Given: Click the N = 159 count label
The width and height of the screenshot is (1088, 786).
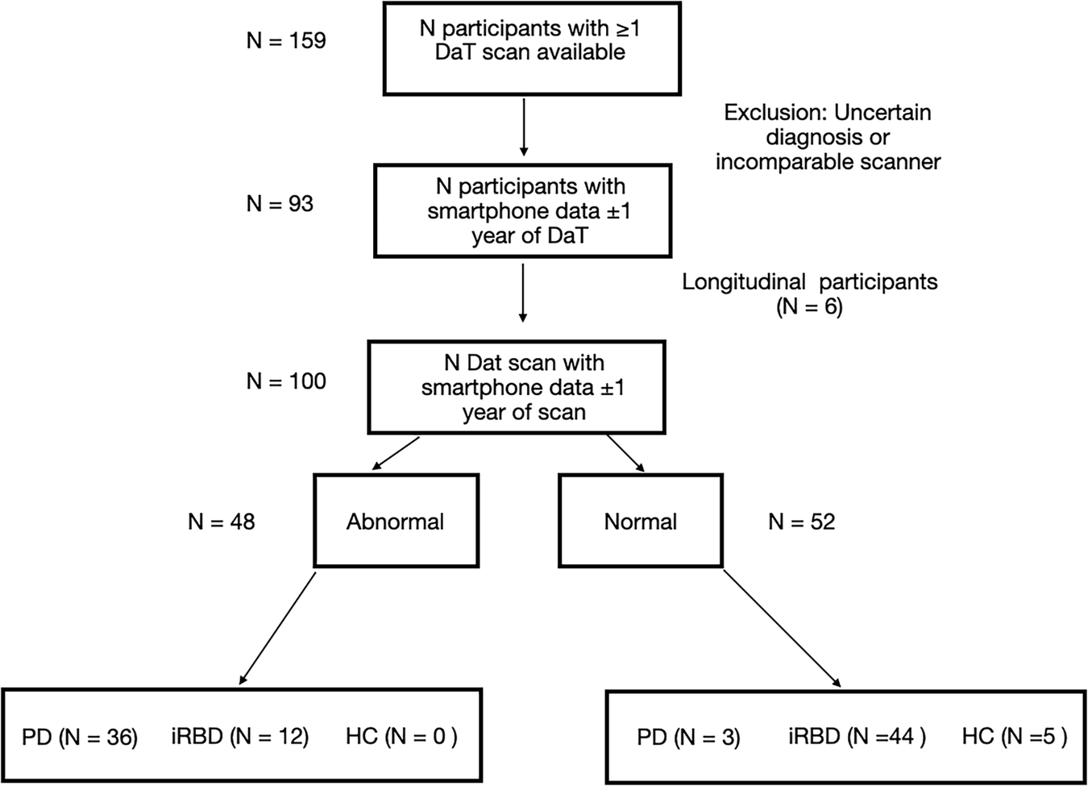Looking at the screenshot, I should [286, 40].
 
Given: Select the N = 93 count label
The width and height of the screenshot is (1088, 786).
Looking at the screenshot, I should [280, 204].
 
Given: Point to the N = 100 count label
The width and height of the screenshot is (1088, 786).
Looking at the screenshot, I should [286, 381].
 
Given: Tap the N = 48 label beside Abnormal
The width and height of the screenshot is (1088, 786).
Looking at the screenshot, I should [222, 522].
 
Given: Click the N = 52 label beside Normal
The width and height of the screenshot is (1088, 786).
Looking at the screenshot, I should [801, 522].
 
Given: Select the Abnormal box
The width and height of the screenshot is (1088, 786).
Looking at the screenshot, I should [396, 521].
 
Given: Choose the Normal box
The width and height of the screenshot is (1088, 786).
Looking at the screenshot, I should [641, 521].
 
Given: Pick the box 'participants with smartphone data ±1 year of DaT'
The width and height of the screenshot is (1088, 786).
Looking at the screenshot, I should [523, 211].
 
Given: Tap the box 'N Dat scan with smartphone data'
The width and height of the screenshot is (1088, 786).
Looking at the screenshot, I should [517, 388].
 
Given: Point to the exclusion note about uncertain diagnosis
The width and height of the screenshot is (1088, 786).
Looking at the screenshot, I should [828, 137].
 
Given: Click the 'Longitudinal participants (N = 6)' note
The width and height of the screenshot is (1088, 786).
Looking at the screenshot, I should [810, 294].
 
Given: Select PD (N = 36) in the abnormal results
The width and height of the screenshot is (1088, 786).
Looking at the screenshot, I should [80, 737].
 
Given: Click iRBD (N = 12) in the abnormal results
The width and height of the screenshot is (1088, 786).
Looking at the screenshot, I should [239, 736].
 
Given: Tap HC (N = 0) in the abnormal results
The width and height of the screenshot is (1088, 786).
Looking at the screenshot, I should [401, 736].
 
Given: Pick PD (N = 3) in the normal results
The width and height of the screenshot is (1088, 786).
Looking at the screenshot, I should [688, 737].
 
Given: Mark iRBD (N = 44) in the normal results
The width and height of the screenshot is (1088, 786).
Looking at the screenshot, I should [857, 736].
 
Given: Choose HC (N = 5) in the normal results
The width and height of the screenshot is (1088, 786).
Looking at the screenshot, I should [1014, 736].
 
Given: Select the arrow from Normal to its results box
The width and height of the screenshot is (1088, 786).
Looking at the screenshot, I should [782, 629].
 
